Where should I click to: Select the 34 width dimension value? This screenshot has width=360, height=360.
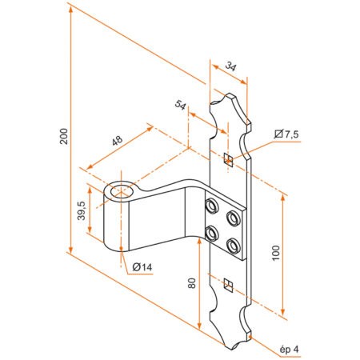coord(230,68)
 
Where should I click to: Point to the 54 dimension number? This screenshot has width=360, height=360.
coord(180,105)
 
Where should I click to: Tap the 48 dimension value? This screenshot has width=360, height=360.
coord(117,141)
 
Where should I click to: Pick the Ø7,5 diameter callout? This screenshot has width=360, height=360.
coord(286,134)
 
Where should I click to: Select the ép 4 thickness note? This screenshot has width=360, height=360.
coord(290,349)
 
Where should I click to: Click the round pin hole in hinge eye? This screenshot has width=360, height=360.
coord(122,192)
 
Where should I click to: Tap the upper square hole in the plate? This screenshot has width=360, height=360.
coord(229,157)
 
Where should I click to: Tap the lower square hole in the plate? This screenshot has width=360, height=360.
coord(229,282)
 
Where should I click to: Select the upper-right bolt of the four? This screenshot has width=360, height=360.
coord(233,218)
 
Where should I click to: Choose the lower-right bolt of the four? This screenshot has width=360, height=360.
coord(233,244)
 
